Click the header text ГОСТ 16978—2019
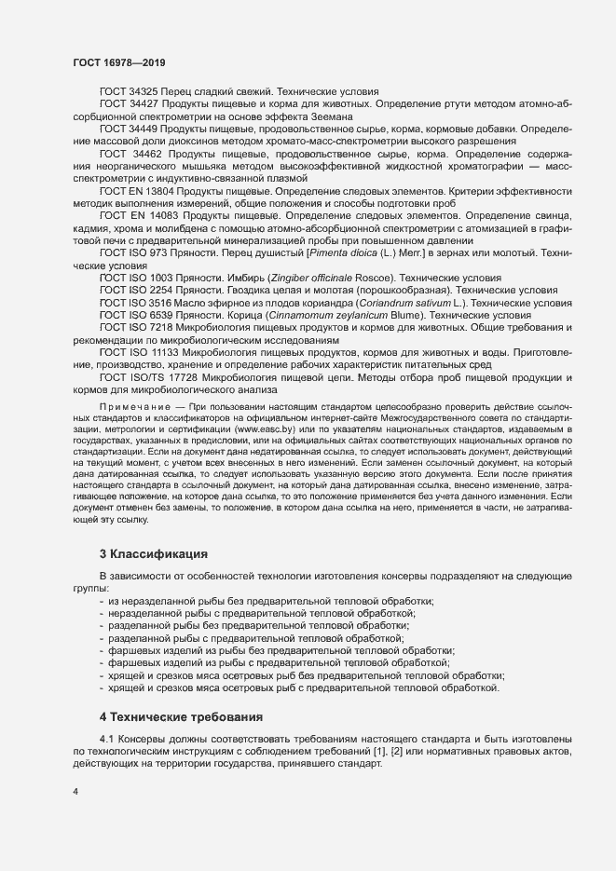point(119,62)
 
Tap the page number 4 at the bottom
point(75,792)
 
